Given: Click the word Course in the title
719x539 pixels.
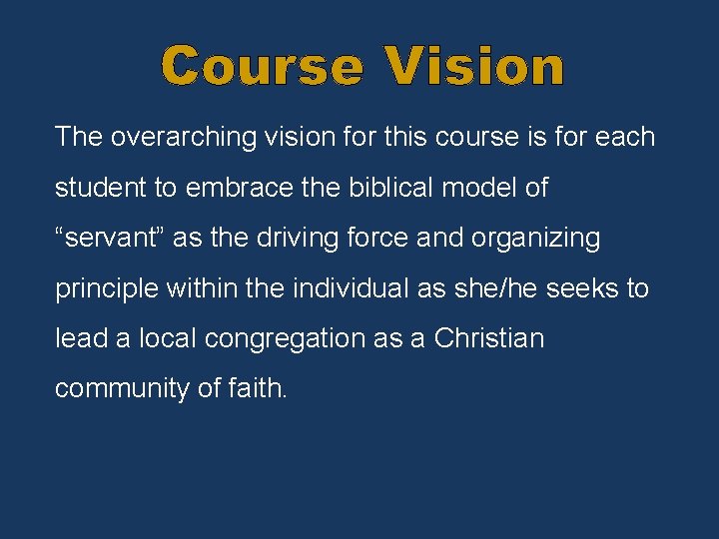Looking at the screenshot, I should [x=263, y=67].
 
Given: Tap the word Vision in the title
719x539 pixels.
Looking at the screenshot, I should [x=475, y=67].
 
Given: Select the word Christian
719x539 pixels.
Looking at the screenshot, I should [x=489, y=338].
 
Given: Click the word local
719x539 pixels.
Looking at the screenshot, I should [x=166, y=338].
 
